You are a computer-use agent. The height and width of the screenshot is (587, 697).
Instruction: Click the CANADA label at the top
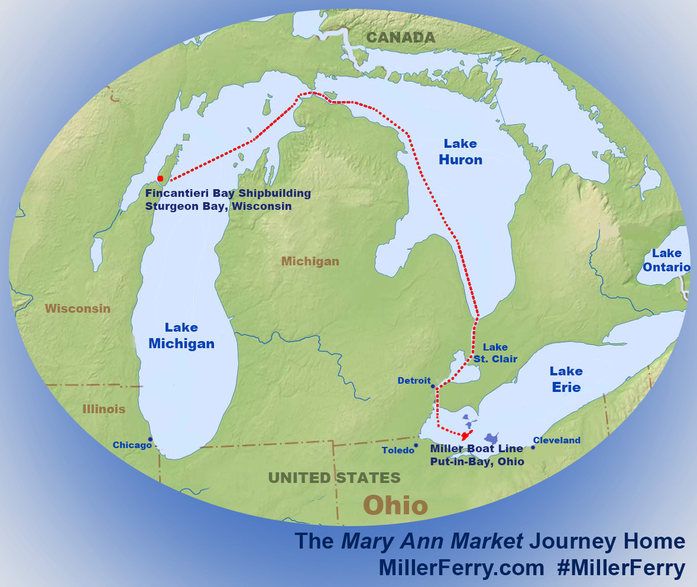coord(400,38)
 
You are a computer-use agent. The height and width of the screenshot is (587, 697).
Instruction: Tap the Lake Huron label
coord(461,152)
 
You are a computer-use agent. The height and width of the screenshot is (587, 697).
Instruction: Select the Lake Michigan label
coord(181,336)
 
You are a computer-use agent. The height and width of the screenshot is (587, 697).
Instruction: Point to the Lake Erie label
coord(566,379)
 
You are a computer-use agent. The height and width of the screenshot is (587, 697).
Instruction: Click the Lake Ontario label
coord(666,260)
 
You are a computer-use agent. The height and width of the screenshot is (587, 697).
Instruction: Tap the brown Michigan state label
coord(310,261)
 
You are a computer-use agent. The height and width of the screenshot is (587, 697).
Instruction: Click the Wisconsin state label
coord(77,309)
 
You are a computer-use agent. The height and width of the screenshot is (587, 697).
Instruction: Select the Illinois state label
coord(104,409)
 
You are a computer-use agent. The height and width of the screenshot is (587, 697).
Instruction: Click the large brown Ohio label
coord(395,505)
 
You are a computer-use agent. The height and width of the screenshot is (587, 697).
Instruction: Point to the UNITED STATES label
coord(334,478)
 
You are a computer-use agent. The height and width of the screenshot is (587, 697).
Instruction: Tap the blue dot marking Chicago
coord(151,439)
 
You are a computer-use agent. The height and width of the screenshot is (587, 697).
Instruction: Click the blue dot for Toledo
coord(416,446)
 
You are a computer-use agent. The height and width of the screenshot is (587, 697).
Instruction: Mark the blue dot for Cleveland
coord(533,447)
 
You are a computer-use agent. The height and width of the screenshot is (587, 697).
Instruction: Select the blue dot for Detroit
coord(433,387)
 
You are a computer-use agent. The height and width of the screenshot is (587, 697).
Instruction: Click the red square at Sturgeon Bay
coord(160,179)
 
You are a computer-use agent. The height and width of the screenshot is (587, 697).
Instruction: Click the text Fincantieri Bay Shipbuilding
coord(228,193)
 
